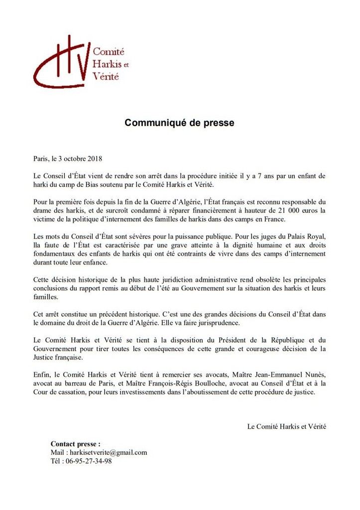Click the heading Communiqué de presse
tap(179, 123)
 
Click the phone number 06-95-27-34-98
tap(88, 461)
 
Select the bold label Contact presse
tap(75, 444)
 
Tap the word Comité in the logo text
tap(109, 52)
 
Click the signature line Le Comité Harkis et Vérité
tap(286, 426)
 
